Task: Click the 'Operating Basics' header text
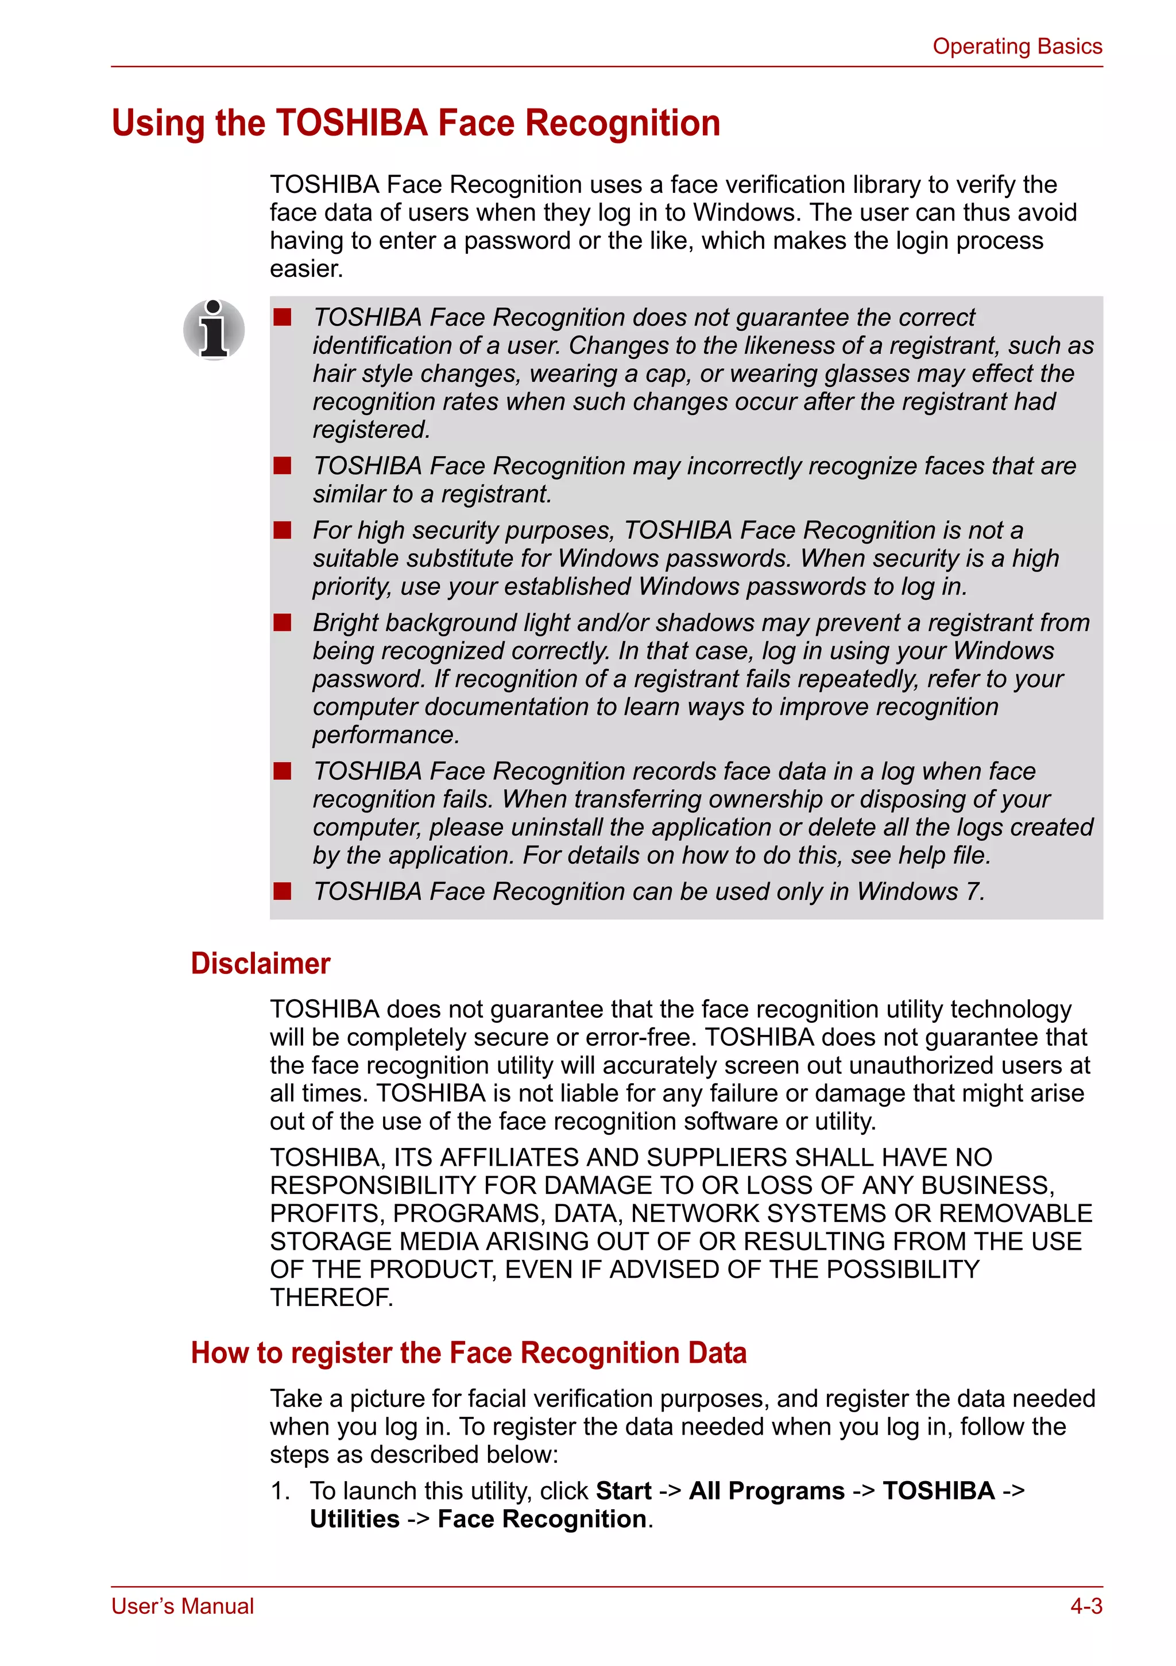point(1016,47)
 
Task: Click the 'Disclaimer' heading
point(261,963)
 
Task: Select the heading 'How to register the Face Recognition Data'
point(469,1352)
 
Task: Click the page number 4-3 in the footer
point(1085,1606)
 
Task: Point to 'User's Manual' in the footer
point(183,1606)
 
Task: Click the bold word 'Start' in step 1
point(623,1490)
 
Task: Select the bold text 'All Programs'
point(766,1490)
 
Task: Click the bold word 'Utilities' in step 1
point(354,1519)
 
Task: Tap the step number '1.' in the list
point(280,1490)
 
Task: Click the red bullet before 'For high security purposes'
point(282,531)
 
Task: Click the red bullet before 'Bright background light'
point(282,623)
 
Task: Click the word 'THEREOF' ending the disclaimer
point(330,1297)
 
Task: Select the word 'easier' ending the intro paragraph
point(305,268)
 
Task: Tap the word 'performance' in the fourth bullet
point(385,735)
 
